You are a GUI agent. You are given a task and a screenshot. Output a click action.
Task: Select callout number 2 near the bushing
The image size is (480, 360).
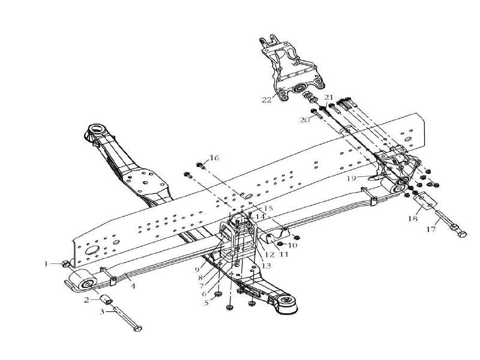87,299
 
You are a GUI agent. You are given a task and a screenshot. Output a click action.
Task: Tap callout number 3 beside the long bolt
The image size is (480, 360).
102,311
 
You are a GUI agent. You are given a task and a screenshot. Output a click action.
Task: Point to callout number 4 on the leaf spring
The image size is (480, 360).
133,286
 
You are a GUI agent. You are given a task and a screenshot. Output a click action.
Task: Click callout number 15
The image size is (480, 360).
268,208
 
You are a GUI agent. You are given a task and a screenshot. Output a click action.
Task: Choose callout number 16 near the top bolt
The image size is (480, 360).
214,158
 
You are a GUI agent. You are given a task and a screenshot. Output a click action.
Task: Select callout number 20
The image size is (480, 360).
304,119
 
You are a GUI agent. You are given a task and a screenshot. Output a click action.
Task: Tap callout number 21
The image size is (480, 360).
328,97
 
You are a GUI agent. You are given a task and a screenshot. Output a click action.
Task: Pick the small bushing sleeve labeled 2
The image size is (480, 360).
106,299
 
